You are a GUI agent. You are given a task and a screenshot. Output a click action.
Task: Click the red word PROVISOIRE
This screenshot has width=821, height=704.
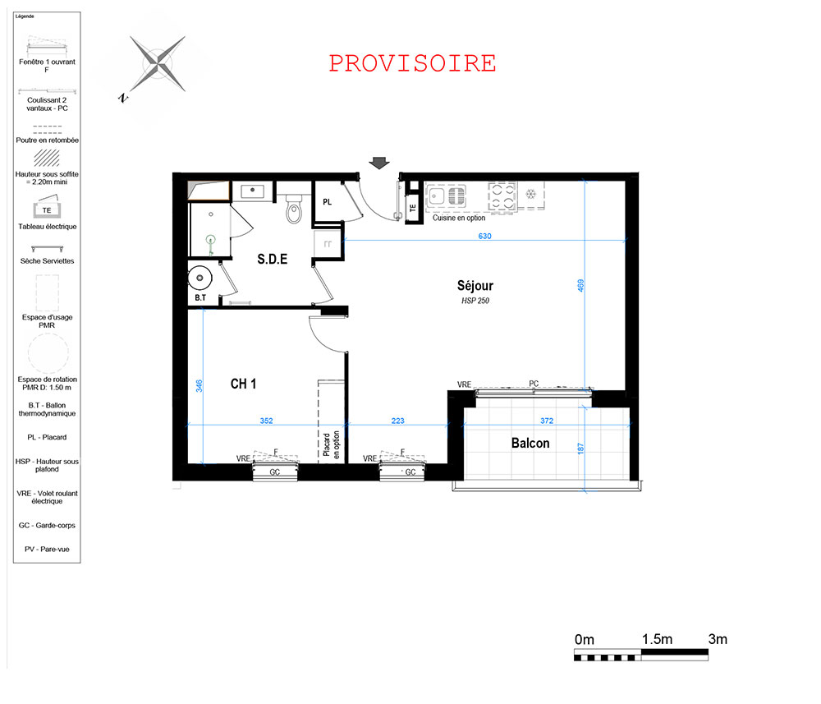(x=413, y=63)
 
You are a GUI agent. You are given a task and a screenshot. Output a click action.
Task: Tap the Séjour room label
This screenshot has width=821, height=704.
(x=475, y=286)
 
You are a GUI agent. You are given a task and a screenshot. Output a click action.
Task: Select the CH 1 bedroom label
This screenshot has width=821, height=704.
(x=244, y=384)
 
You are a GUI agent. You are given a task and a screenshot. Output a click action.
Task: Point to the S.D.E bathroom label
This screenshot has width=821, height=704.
(x=273, y=259)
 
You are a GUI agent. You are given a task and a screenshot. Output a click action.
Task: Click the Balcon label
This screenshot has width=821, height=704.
(x=530, y=443)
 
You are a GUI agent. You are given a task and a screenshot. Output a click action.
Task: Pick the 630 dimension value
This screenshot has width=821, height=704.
(x=485, y=237)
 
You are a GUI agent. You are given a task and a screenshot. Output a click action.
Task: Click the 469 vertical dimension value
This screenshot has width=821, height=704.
(x=580, y=286)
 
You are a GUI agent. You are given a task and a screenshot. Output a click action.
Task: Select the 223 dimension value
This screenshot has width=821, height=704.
(x=398, y=421)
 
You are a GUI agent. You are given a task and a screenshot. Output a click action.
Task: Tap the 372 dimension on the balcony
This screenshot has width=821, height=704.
(x=547, y=421)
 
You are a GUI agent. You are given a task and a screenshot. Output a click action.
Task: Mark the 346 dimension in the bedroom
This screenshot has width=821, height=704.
(x=199, y=386)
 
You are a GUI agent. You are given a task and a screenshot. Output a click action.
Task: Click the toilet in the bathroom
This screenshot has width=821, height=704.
(x=294, y=209)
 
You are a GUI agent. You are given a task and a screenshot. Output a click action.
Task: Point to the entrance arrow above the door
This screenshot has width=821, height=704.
(x=379, y=163)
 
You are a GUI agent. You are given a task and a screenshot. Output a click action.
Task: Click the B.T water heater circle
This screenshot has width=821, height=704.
(x=200, y=278)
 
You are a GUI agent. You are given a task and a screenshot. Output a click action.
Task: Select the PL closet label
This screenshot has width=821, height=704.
(x=328, y=202)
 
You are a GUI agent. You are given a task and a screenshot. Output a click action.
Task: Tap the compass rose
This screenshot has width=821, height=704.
(x=157, y=64)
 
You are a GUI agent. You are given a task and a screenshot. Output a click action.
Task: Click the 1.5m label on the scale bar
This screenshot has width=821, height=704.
(x=657, y=639)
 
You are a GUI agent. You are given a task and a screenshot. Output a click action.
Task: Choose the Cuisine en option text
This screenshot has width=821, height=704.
(x=459, y=218)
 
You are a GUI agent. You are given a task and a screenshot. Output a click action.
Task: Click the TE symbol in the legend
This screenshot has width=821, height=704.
(x=47, y=209)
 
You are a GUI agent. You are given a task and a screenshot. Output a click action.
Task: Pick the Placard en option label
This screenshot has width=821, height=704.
(x=332, y=444)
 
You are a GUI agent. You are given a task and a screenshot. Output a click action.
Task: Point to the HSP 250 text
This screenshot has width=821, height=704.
(x=475, y=301)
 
